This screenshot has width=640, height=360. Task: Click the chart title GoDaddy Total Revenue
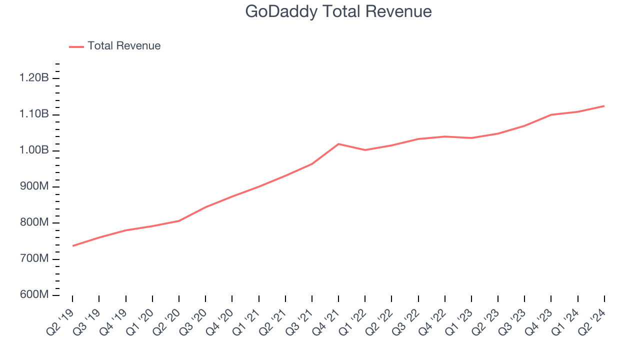tap(338, 11)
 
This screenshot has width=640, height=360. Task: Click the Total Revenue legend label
tap(124, 46)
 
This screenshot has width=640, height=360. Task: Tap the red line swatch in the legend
tap(76, 46)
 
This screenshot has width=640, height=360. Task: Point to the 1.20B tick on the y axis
tap(34, 78)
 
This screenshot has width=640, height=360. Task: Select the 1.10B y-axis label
tap(34, 114)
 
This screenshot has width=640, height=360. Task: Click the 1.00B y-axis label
tap(34, 150)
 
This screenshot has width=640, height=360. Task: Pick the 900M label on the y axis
tap(34, 186)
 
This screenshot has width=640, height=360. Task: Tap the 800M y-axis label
tap(34, 223)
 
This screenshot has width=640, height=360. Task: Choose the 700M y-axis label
tap(34, 259)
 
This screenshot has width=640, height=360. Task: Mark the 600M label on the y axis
tap(34, 295)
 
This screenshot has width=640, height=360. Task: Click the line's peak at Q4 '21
tap(338, 144)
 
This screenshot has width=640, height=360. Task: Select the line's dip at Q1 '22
tap(365, 150)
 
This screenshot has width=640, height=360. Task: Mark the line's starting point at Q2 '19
tap(73, 245)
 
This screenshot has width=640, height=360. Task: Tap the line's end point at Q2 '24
tap(604, 106)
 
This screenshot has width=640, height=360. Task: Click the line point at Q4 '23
tap(551, 114)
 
